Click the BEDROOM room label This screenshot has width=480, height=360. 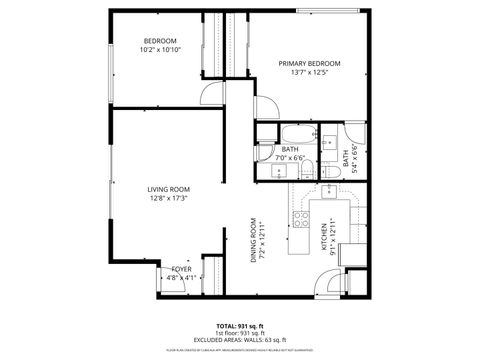pyautogui.click(x=159, y=41)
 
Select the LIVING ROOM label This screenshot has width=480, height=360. pyautogui.click(x=169, y=189)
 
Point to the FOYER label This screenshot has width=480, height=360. pyautogui.click(x=181, y=269)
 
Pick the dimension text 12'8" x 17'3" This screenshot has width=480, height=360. pyautogui.click(x=169, y=198)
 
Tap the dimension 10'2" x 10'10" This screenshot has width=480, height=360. pyautogui.click(x=159, y=50)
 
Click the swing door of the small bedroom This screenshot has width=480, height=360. pyautogui.click(x=212, y=95)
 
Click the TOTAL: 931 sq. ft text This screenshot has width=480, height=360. pyautogui.click(x=240, y=326)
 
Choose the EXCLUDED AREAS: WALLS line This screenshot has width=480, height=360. pyautogui.click(x=240, y=340)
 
